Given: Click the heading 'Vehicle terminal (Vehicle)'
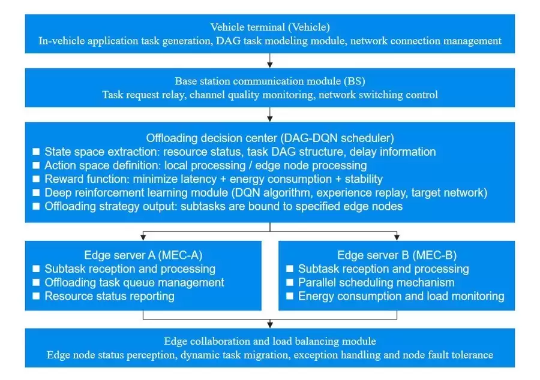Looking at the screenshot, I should point(270,27).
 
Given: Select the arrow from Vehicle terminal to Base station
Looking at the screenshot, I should point(270,60).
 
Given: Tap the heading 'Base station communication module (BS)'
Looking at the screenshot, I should point(270,81).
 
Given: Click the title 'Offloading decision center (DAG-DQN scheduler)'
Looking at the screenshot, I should point(270,137).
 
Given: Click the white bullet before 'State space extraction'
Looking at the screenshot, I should point(37,152).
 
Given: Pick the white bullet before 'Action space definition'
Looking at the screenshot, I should point(37,165).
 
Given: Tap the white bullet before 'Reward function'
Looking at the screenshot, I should point(37,179).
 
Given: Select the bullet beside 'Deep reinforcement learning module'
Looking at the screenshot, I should point(37,192).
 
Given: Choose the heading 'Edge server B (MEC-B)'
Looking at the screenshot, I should point(397,255).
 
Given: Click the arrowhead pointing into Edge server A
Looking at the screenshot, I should point(143,237).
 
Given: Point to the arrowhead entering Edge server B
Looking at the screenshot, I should point(397,237).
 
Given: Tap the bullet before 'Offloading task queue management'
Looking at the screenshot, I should point(37,282).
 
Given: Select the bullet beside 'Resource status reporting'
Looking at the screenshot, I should point(37,296).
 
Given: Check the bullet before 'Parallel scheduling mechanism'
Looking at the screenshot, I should point(290,282).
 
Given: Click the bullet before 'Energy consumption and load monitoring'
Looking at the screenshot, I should point(290,296).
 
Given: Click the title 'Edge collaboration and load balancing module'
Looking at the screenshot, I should point(270,341).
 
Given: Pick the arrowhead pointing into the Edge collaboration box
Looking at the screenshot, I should point(270,325).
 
